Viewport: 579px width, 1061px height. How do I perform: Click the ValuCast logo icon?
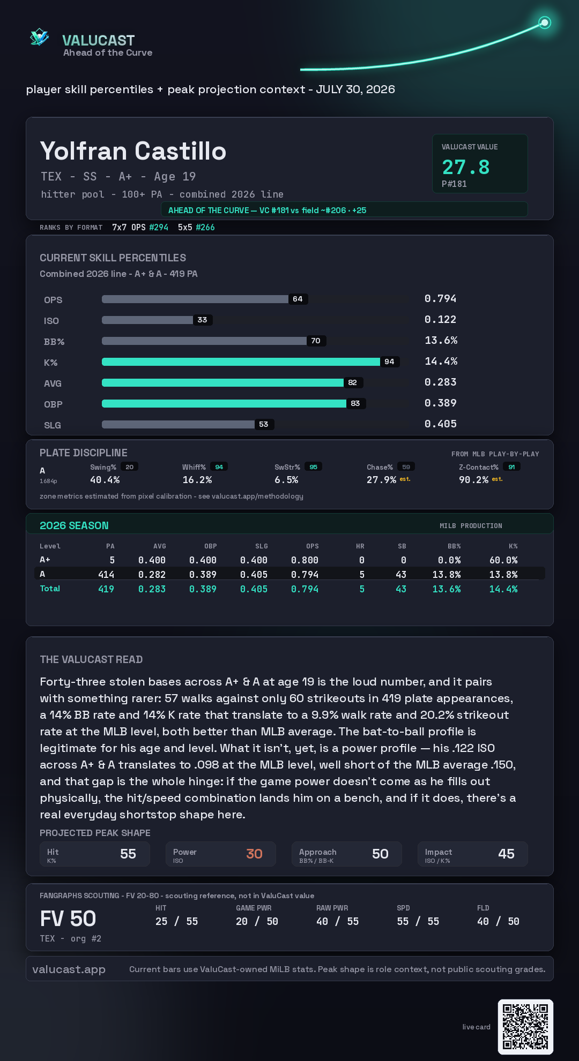[x=39, y=37]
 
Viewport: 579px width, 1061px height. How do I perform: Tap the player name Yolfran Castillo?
[x=133, y=151]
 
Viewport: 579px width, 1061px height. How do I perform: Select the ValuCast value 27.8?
[x=466, y=167]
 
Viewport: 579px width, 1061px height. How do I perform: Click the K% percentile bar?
[x=241, y=362]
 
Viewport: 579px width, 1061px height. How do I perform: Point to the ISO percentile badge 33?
[x=202, y=320]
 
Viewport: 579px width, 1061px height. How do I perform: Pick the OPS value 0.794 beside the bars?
[x=440, y=298]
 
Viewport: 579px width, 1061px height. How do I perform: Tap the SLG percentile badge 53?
[x=264, y=424]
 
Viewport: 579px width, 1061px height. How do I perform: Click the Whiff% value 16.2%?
[x=197, y=480]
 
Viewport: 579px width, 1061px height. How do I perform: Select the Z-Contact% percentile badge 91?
[x=511, y=467]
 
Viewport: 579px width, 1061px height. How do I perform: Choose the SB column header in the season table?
[x=402, y=546]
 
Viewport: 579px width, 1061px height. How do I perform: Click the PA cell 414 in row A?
[x=106, y=574]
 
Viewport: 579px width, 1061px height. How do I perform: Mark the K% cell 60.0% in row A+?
[x=503, y=560]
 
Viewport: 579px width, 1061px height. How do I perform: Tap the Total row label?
[x=50, y=589]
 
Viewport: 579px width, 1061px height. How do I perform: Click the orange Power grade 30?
[x=254, y=854]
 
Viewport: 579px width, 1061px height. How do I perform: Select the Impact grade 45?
[x=506, y=854]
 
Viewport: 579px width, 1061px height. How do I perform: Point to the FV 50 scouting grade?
[x=68, y=919]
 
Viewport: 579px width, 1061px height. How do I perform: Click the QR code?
[x=525, y=1027]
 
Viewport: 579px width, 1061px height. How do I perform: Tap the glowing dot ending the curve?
[x=545, y=22]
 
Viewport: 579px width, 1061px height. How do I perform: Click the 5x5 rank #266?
[x=205, y=227]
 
